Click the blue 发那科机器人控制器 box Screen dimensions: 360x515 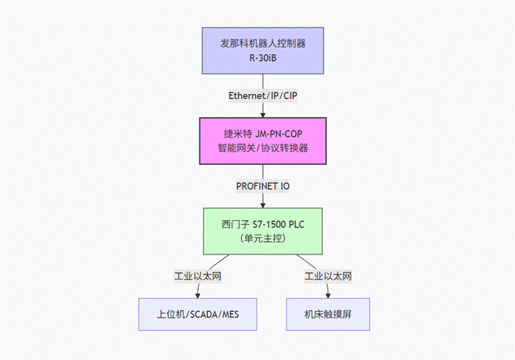[x=263, y=51]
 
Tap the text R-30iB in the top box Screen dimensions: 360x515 [x=263, y=59]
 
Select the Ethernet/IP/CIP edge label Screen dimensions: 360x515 [x=263, y=95]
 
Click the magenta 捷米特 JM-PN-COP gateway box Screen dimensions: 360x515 [x=263, y=141]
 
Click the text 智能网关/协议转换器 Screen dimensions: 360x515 [x=263, y=148]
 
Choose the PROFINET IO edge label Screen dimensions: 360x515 [x=263, y=186]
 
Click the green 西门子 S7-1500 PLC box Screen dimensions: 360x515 [x=263, y=231]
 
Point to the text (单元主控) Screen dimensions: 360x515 [x=263, y=239]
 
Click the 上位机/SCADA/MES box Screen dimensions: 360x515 [x=198, y=315]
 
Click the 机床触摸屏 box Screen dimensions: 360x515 [x=328, y=315]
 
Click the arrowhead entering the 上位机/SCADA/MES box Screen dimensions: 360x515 [x=198, y=295]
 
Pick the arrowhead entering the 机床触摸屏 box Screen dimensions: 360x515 [x=328, y=295]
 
